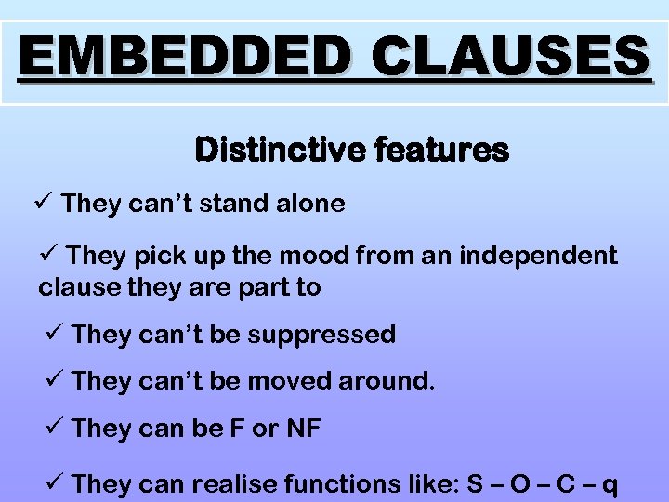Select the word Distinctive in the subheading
269,150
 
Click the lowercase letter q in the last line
610,486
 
